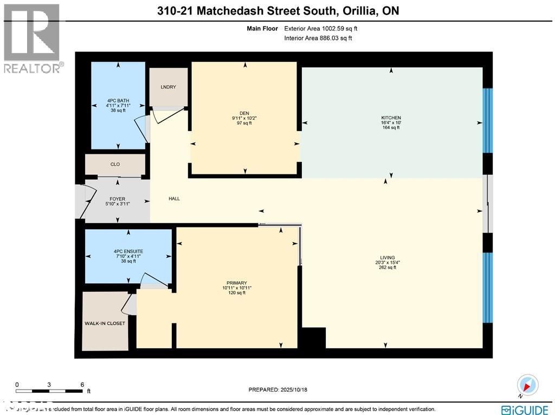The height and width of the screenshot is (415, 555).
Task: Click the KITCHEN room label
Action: click(391, 118)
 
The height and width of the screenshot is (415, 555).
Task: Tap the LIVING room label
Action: click(388, 257)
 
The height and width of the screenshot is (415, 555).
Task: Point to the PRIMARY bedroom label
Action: click(237, 283)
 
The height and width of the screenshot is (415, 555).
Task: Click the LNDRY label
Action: click(168, 87)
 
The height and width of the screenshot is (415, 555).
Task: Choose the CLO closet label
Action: click(115, 164)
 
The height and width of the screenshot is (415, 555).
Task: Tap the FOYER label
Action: click(118, 199)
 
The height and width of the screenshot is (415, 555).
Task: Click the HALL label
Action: click(174, 199)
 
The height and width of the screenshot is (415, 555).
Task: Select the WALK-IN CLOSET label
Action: click(105, 323)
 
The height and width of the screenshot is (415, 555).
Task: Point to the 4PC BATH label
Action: click(118, 100)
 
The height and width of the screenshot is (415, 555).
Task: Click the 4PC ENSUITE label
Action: click(128, 251)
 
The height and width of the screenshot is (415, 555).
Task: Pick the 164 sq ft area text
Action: click(391, 127)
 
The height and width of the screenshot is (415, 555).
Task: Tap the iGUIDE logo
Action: click(524, 408)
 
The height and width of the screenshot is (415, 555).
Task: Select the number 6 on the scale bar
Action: click(82, 384)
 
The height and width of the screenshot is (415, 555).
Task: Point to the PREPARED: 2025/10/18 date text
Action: click(277, 390)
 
